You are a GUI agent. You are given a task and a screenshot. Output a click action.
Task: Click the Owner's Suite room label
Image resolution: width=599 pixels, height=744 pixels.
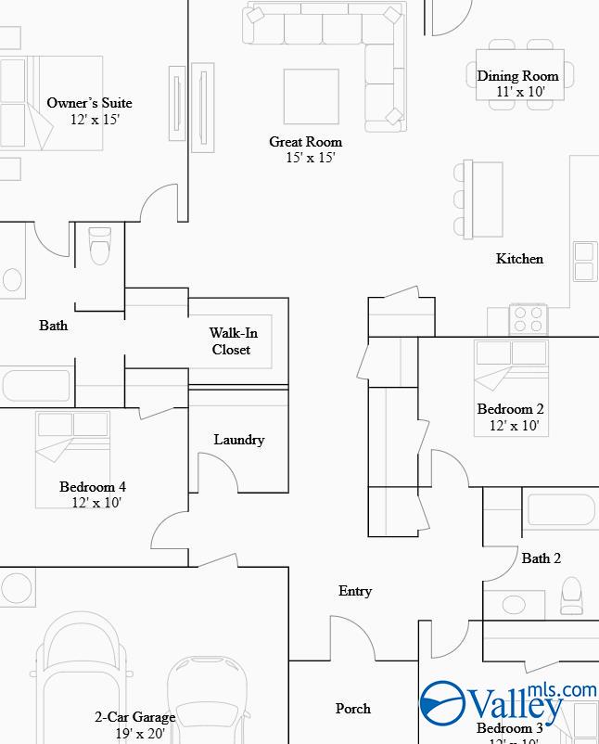click(x=89, y=103)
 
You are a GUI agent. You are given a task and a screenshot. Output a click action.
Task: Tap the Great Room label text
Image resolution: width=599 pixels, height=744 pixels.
click(x=305, y=142)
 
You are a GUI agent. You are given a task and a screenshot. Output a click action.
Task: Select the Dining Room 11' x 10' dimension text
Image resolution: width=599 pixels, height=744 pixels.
click(x=517, y=92)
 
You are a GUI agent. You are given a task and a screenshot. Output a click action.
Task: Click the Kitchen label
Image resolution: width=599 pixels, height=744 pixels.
click(x=519, y=259)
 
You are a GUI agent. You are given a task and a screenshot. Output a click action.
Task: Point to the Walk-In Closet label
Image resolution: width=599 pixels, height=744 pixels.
click(x=232, y=341)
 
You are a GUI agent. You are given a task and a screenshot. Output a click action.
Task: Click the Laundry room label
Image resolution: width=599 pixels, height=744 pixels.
click(x=238, y=440)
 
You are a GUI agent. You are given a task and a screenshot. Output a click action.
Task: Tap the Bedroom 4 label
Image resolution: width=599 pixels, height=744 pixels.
click(x=93, y=487)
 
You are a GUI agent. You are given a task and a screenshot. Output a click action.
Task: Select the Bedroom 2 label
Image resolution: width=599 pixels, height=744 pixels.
click(x=510, y=409)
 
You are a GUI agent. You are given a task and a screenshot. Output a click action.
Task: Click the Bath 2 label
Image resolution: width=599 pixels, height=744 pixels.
click(x=541, y=558)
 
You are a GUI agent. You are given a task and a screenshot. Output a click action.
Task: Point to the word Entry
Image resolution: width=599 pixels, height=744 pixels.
click(x=355, y=591)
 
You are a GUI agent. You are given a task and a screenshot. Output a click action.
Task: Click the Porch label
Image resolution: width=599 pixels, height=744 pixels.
click(x=352, y=709)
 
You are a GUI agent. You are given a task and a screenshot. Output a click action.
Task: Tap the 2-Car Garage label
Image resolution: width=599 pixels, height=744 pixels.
click(x=134, y=717)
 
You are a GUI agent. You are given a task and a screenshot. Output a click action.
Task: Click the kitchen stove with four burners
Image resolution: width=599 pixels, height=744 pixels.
click(x=529, y=320)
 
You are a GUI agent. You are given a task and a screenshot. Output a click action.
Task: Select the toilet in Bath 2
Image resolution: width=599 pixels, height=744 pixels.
click(x=572, y=594)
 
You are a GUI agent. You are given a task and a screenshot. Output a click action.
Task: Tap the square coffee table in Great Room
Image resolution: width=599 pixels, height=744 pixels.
click(x=312, y=96)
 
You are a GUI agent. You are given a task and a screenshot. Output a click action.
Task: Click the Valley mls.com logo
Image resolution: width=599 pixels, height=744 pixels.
click(x=505, y=704)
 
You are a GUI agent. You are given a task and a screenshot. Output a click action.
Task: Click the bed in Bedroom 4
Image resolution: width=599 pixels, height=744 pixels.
click(x=72, y=458)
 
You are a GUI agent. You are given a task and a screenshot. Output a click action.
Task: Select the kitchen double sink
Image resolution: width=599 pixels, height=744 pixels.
click(x=585, y=262)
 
